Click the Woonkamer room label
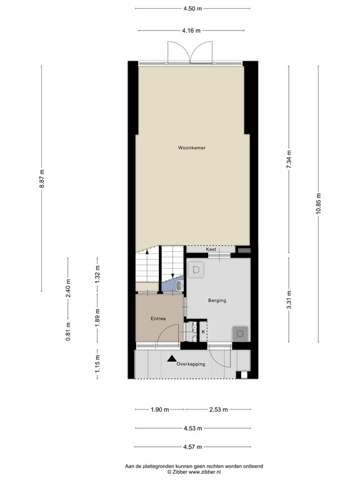(x=192, y=148)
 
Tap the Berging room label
(x=217, y=301)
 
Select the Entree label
(x=157, y=319)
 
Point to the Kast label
(x=211, y=249)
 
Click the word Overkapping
(x=191, y=364)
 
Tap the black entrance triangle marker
(x=171, y=357)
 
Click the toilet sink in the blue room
(x=179, y=286)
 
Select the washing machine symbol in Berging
(x=239, y=333)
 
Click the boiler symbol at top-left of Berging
(x=197, y=270)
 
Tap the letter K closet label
(x=202, y=332)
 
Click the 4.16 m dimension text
(x=192, y=30)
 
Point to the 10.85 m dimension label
(x=318, y=202)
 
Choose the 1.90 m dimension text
(x=160, y=409)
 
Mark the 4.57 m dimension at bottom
(x=192, y=447)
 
